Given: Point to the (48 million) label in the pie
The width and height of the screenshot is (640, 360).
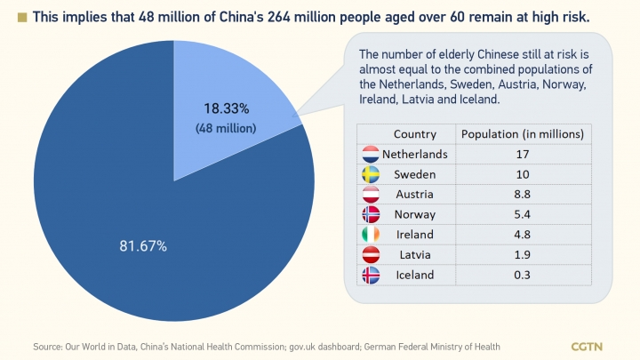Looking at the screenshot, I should pyautogui.click(x=226, y=128).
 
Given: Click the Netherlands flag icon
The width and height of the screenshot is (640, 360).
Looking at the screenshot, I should pyautogui.click(x=371, y=154).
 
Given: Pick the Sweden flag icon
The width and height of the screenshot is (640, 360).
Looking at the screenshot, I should pyautogui.click(x=371, y=173).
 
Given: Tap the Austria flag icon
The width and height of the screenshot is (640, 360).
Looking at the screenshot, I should pyautogui.click(x=371, y=194).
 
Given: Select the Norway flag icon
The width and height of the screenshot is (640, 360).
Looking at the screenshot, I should pyautogui.click(x=371, y=214).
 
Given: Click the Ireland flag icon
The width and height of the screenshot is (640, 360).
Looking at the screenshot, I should pyautogui.click(x=371, y=235).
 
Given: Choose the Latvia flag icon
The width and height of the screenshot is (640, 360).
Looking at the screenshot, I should pyautogui.click(x=371, y=255).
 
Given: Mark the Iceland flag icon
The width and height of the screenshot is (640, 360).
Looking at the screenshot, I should pyautogui.click(x=371, y=275).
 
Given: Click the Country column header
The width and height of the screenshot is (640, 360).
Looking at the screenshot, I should pyautogui.click(x=414, y=134).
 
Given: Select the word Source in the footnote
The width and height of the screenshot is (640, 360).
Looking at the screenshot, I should pyautogui.click(x=47, y=346).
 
